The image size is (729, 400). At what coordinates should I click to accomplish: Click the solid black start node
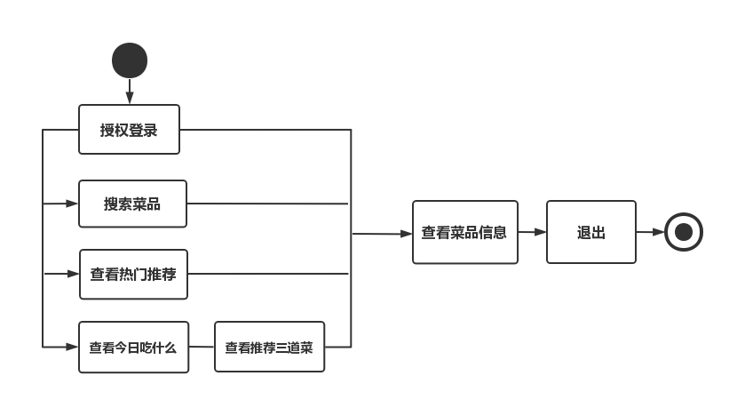[130, 60]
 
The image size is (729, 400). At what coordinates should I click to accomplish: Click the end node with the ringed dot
[683, 232]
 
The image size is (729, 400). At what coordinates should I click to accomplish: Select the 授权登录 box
[129, 130]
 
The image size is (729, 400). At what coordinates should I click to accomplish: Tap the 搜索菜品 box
[132, 204]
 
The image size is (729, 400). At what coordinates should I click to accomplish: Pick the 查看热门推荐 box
[133, 274]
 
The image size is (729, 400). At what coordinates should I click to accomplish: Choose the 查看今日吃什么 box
[133, 348]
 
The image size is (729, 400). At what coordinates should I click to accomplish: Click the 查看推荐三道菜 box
[269, 347]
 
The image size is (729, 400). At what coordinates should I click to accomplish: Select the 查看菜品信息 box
[464, 232]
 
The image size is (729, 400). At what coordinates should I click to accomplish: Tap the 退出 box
[590, 232]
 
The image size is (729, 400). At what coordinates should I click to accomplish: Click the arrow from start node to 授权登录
[130, 91]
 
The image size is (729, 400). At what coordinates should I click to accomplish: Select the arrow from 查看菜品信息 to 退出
[532, 232]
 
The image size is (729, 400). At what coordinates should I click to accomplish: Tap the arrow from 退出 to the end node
[650, 232]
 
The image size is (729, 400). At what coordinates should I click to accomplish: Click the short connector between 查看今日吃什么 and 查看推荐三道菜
[202, 347]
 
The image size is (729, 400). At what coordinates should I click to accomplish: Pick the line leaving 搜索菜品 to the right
[266, 204]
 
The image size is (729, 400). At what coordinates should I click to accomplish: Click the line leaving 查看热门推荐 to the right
[266, 274]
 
